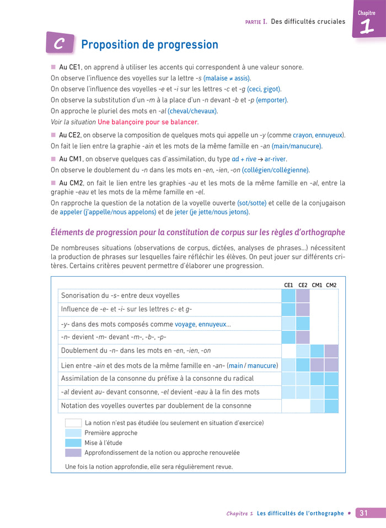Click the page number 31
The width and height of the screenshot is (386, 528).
(363, 513)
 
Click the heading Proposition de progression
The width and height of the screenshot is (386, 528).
(149, 45)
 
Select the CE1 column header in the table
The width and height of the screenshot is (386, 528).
(288, 285)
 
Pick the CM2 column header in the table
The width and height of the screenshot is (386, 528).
(331, 285)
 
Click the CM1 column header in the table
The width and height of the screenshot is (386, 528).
(317, 285)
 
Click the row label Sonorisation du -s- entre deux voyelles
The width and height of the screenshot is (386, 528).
(120, 295)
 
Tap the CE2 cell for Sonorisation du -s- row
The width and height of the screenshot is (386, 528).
(303, 295)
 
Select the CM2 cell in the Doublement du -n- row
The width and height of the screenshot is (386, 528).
(331, 351)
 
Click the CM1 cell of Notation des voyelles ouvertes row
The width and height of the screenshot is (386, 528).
(317, 406)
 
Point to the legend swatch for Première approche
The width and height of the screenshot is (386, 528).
(73, 433)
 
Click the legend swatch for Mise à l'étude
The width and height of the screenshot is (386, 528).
(73, 443)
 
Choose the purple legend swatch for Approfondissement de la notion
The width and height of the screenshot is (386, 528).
(73, 452)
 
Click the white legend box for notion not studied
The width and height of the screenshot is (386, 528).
(73, 423)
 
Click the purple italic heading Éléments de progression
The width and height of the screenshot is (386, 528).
(197, 232)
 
